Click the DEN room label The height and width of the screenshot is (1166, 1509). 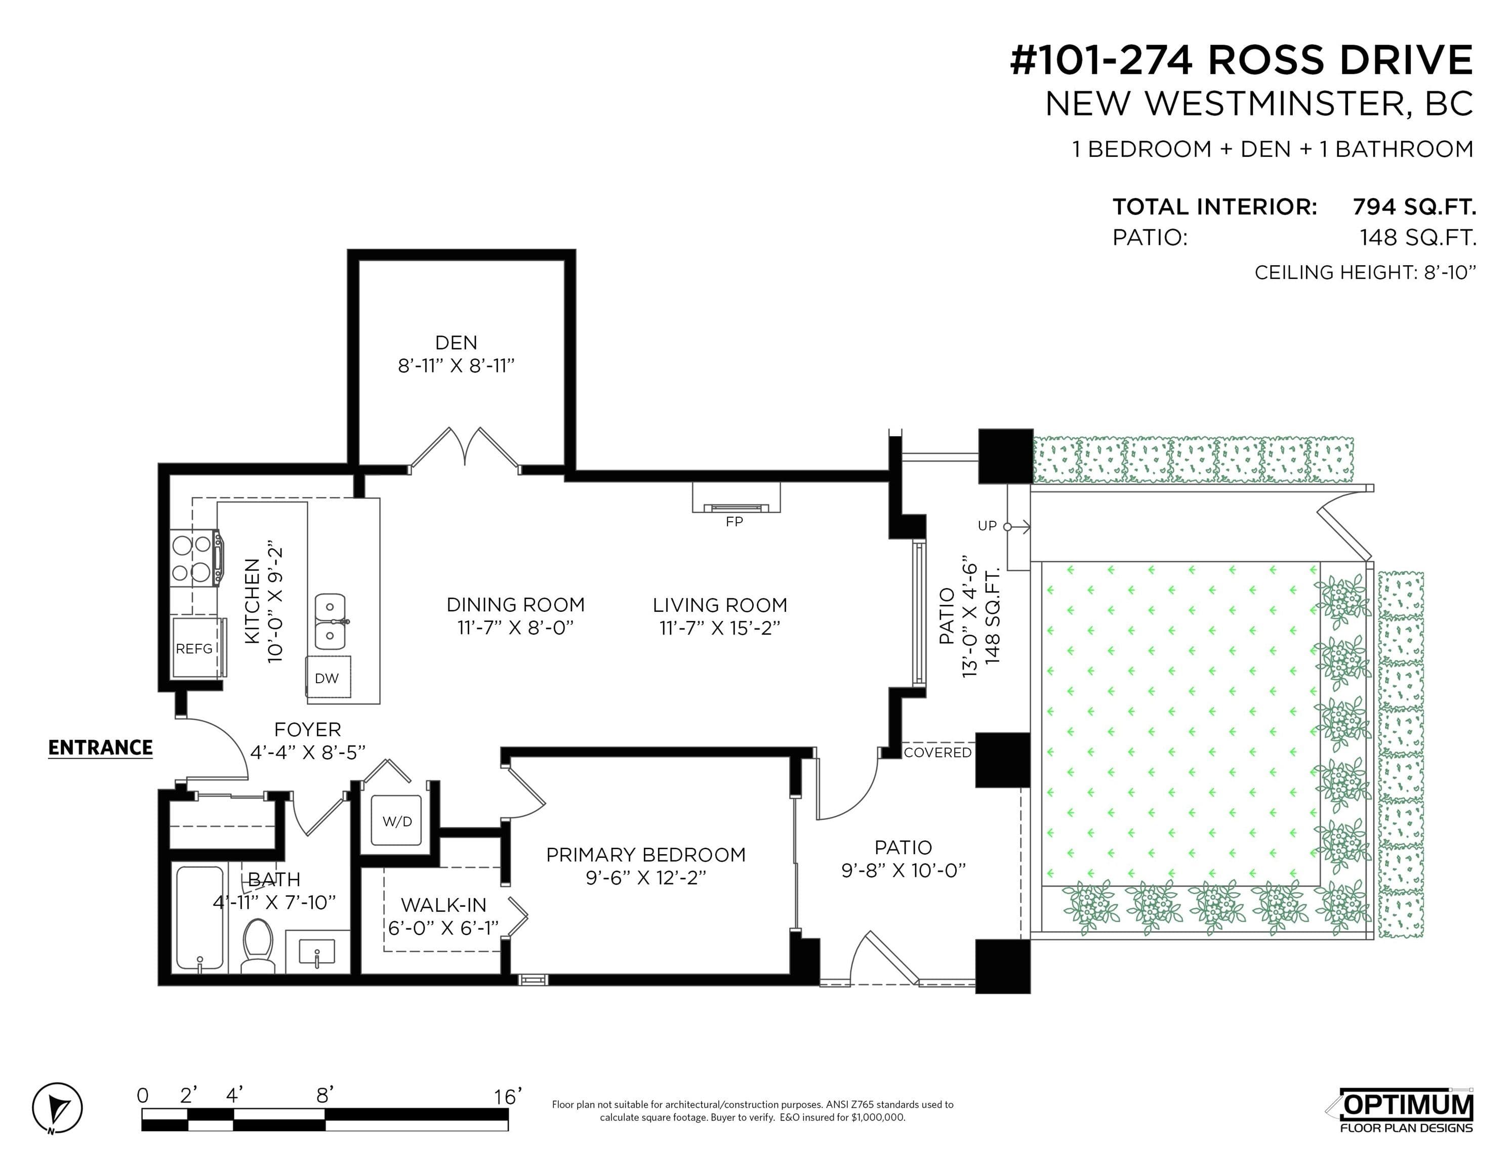coord(456,343)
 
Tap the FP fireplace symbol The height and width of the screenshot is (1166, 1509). coord(736,498)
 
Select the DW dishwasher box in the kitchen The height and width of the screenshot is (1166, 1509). coord(328,678)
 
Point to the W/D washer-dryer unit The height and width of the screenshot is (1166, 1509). coord(396,821)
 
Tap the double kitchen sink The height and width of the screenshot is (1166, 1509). coord(330,621)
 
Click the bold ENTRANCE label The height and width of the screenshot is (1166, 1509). coord(100,748)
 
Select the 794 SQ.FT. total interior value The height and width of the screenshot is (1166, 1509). coord(1414,206)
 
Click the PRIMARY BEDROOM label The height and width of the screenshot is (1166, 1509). coord(646,855)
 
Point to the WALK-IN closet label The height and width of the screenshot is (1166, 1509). coord(443,905)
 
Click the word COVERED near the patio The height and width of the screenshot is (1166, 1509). coord(937,752)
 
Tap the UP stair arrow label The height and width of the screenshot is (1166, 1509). coord(987,526)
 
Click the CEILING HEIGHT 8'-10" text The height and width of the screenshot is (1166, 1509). coord(1365,272)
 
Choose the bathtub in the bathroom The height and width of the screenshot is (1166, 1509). coord(199,918)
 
